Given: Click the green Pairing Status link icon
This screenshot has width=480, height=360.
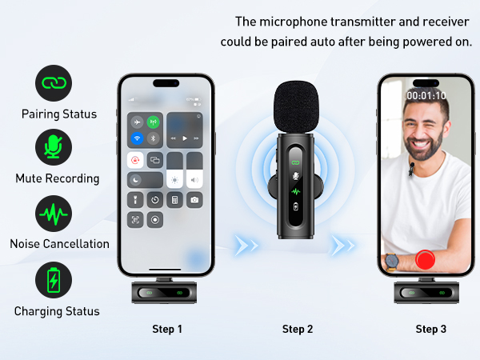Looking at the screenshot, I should pyautogui.click(x=54, y=82).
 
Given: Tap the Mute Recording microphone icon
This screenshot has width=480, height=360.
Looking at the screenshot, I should pyautogui.click(x=54, y=147).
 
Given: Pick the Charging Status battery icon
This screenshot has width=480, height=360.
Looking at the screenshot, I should pyautogui.click(x=54, y=281).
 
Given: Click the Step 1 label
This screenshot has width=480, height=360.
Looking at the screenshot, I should pyautogui.click(x=167, y=329).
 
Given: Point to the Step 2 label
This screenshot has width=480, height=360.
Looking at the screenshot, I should pyautogui.click(x=298, y=329).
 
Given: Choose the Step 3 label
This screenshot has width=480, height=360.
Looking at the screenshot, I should pyautogui.click(x=430, y=329).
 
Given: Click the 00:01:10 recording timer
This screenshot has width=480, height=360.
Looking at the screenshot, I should pyautogui.click(x=426, y=95).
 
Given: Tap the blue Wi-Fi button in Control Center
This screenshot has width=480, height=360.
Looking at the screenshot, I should pyautogui.click(x=137, y=138).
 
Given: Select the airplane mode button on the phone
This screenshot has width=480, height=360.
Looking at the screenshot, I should pyautogui.click(x=137, y=122).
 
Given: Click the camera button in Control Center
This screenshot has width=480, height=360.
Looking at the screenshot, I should pyautogui.click(x=194, y=199).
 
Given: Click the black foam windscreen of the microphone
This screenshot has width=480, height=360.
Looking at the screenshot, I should pyautogui.click(x=298, y=104).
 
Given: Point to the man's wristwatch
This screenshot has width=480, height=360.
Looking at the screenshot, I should pyautogui.click(x=391, y=261).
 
